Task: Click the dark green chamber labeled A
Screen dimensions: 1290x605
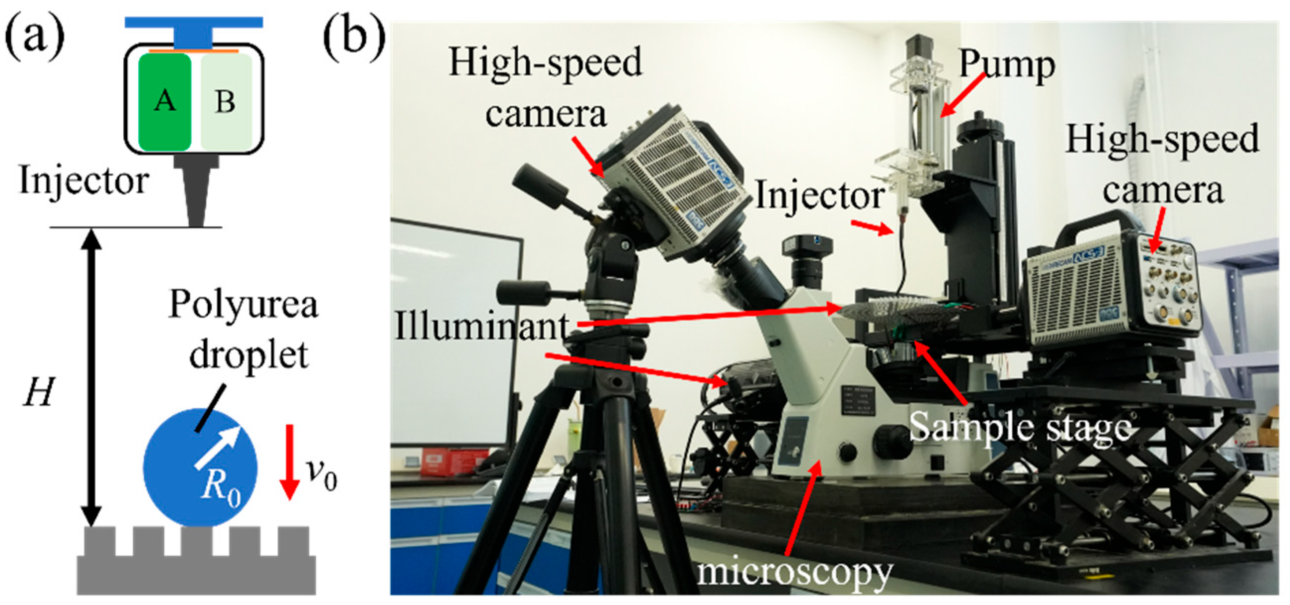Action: pos(165,102)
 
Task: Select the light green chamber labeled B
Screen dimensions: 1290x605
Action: pos(227,102)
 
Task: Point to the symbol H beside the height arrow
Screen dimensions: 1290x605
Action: pos(39,391)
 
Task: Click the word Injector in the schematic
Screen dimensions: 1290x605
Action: pos(83,181)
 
